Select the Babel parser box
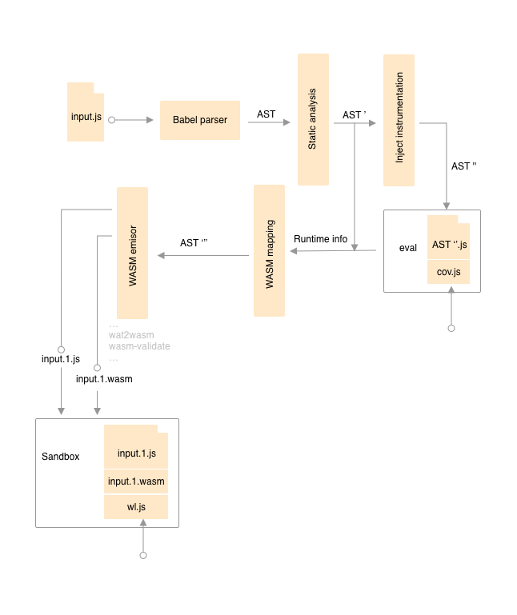pos(200,120)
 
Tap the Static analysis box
pos(314,120)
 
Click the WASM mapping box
pos(270,250)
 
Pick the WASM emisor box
pos(133,252)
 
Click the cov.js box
pos(448,273)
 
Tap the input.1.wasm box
pos(136,482)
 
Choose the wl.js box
pos(136,507)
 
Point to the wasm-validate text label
pos(139,347)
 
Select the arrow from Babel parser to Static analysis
pos(270,122)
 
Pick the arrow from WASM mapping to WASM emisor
pos(204,256)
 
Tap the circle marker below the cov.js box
pos(451,329)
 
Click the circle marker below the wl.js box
pos(143,554)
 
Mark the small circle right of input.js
pos(112,120)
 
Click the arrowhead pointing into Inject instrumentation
pos(371,122)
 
